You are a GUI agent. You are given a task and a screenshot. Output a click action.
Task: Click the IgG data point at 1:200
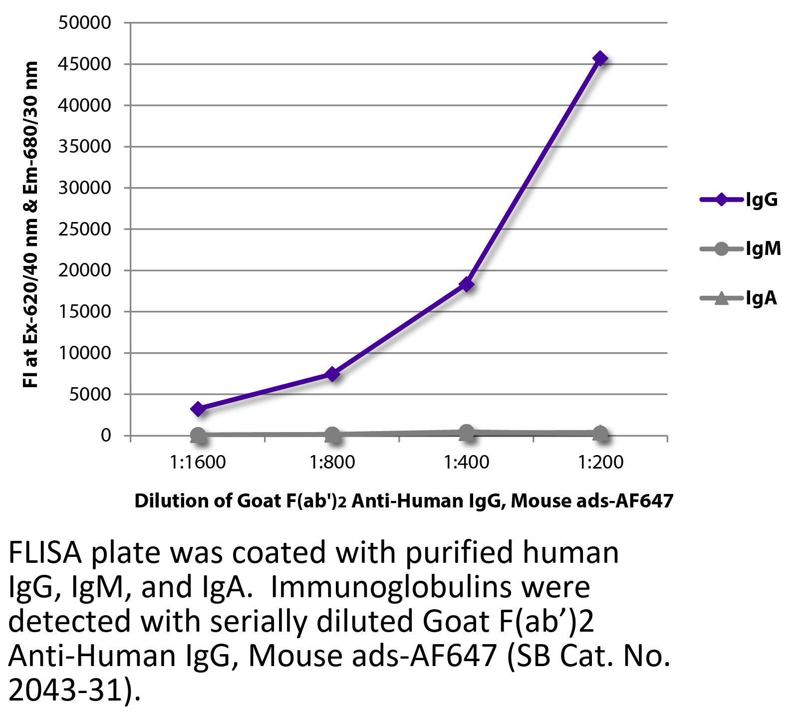pyautogui.click(x=600, y=59)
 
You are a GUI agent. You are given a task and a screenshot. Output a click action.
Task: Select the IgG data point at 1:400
pyautogui.click(x=467, y=284)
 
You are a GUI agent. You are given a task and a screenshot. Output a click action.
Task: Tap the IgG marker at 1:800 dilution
pyautogui.click(x=332, y=374)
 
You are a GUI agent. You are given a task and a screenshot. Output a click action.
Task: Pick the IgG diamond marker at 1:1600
pyautogui.click(x=198, y=409)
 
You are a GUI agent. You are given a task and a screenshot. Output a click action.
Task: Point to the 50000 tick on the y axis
pyautogui.click(x=85, y=23)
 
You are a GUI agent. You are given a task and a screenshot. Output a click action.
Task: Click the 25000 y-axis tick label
pyautogui.click(x=85, y=230)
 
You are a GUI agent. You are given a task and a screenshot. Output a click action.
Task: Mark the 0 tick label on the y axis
pyautogui.click(x=106, y=436)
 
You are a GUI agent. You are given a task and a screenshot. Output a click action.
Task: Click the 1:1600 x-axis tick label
pyautogui.click(x=198, y=463)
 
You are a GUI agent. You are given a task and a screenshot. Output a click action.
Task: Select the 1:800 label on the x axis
pyautogui.click(x=332, y=463)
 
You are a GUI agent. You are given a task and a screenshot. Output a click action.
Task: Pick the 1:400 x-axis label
pyautogui.click(x=467, y=463)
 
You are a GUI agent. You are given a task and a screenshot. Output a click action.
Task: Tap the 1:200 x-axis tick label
pyautogui.click(x=601, y=463)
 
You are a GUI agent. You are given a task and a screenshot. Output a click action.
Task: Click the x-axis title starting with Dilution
pyautogui.click(x=403, y=500)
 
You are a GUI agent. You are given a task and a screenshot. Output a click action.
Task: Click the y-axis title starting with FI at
pyautogui.click(x=31, y=225)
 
